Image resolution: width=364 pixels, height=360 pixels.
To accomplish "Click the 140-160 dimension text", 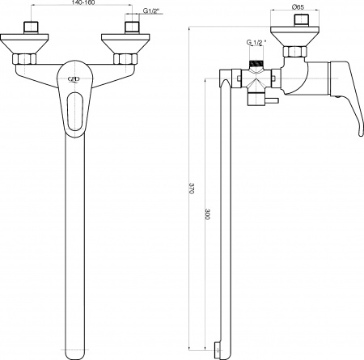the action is coord(83,2).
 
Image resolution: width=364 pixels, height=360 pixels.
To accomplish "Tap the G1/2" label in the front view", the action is coord(151,11).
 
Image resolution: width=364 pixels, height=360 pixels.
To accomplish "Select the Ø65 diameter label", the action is coord(298,7).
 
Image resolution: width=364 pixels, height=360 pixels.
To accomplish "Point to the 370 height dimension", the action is coord(192,188).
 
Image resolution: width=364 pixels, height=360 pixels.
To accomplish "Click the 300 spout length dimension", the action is coord(207,214).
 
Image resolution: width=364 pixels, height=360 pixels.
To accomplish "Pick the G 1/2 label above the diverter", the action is coord(256,42).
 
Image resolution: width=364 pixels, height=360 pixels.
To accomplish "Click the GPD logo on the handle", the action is coord(74,79).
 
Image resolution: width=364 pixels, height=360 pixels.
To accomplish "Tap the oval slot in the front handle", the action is coord(75,112).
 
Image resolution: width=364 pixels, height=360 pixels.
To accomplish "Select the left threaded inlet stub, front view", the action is coord(32,28).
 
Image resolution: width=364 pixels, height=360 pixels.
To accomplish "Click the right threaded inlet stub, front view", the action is coord(132,28).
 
